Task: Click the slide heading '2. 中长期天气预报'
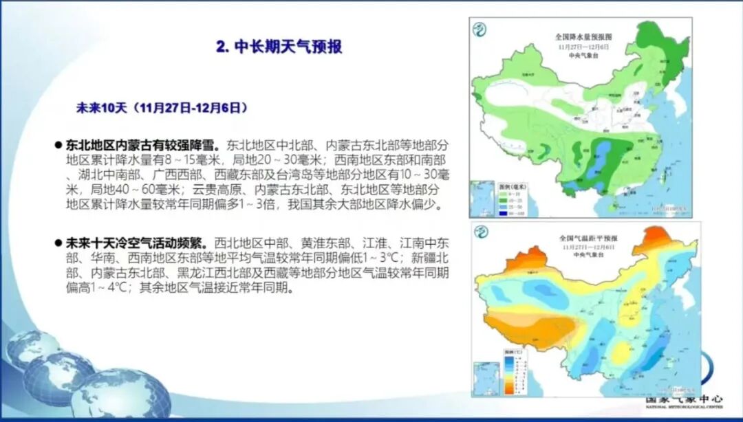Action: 279,47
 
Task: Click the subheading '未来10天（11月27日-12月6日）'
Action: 160,108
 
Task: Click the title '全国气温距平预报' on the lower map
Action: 588,237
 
